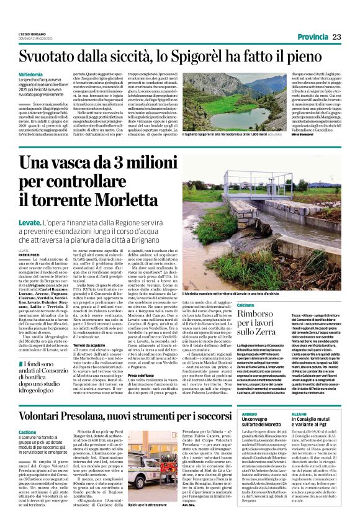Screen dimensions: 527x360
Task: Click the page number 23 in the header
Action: [337, 37]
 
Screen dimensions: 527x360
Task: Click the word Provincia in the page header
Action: [313, 37]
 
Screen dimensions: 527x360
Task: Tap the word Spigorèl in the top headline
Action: [212, 56]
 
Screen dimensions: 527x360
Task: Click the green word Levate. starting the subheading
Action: [30, 222]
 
